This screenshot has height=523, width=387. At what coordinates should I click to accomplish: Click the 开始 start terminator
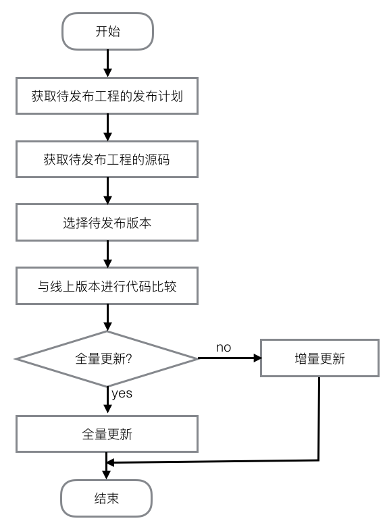click(107, 32)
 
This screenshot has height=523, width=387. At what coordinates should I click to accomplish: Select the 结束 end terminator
click(107, 499)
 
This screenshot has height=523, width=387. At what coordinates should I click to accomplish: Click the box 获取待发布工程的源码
click(107, 159)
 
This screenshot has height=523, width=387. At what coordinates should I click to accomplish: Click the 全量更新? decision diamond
click(107, 358)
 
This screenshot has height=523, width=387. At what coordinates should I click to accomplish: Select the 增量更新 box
click(319, 358)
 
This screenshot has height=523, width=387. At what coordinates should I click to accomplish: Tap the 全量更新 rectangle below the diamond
click(107, 433)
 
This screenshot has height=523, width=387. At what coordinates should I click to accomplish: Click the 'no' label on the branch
click(224, 347)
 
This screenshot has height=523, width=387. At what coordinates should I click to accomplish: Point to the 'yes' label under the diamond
click(122, 393)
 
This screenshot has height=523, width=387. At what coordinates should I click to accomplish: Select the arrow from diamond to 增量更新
click(230, 358)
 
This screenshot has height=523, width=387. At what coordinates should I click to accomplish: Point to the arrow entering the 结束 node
click(107, 472)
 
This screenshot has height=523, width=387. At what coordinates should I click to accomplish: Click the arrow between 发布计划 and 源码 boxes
click(107, 127)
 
